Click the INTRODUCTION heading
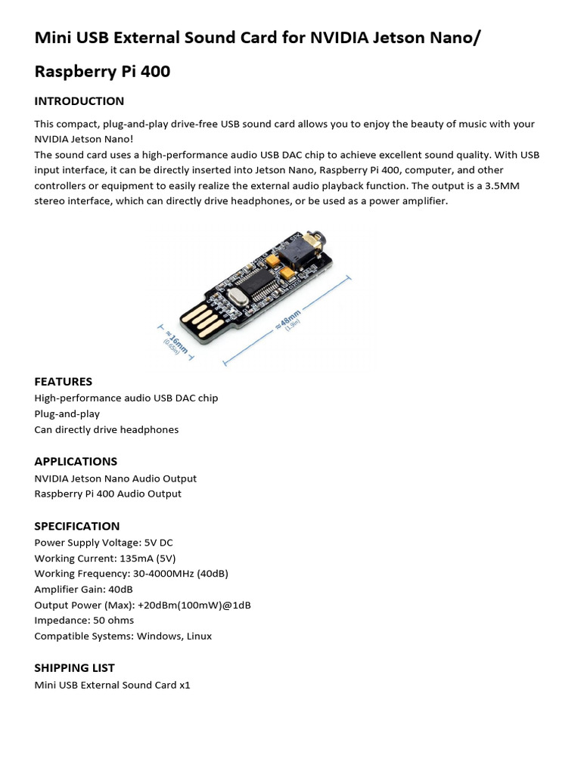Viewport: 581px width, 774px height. coord(79,101)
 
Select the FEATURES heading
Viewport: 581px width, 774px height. coord(64,382)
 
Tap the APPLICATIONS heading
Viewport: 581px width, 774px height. coord(76,461)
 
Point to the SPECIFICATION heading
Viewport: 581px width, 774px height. coord(77,526)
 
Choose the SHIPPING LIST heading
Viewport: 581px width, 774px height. coord(75,668)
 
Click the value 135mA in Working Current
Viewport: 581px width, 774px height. coord(132,558)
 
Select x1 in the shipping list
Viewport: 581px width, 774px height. coord(184,686)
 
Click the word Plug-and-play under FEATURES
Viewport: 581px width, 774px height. coord(67,414)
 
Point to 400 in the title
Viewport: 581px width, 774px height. coord(154,72)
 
